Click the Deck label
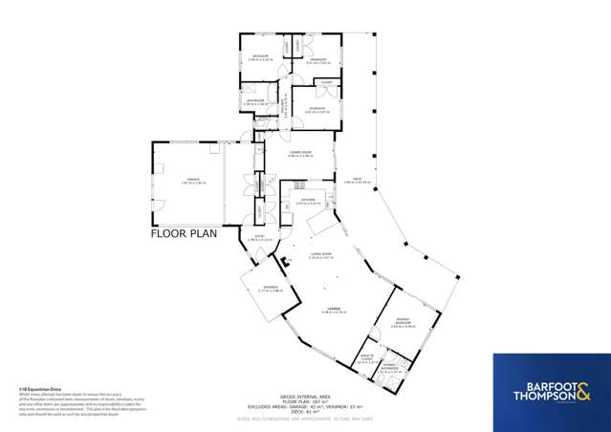(357, 181)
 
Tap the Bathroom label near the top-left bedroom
(255, 102)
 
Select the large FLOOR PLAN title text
(184, 232)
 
